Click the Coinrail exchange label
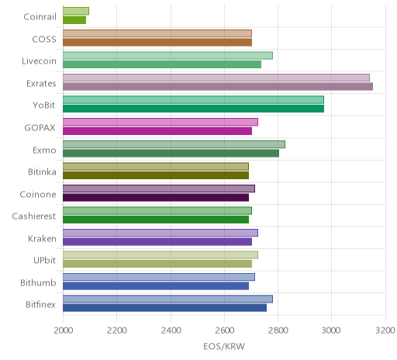click(x=40, y=17)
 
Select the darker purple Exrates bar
click(x=218, y=87)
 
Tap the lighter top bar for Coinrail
click(x=76, y=11)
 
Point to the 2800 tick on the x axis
click(x=278, y=331)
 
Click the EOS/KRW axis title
click(x=224, y=346)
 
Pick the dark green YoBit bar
click(x=193, y=109)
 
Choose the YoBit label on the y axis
click(x=44, y=106)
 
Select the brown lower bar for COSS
click(x=157, y=42)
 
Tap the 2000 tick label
click(x=64, y=331)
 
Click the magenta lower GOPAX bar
click(x=157, y=131)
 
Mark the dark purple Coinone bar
click(x=156, y=197)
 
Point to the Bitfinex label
click(x=40, y=305)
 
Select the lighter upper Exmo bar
click(x=174, y=144)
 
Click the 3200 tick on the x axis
click(x=385, y=331)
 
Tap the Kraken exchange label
click(x=42, y=238)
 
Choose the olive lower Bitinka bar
click(x=156, y=175)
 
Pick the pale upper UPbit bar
click(x=161, y=254)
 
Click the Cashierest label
click(x=34, y=216)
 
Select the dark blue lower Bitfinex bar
click(x=164, y=308)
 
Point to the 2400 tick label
click(x=171, y=331)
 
